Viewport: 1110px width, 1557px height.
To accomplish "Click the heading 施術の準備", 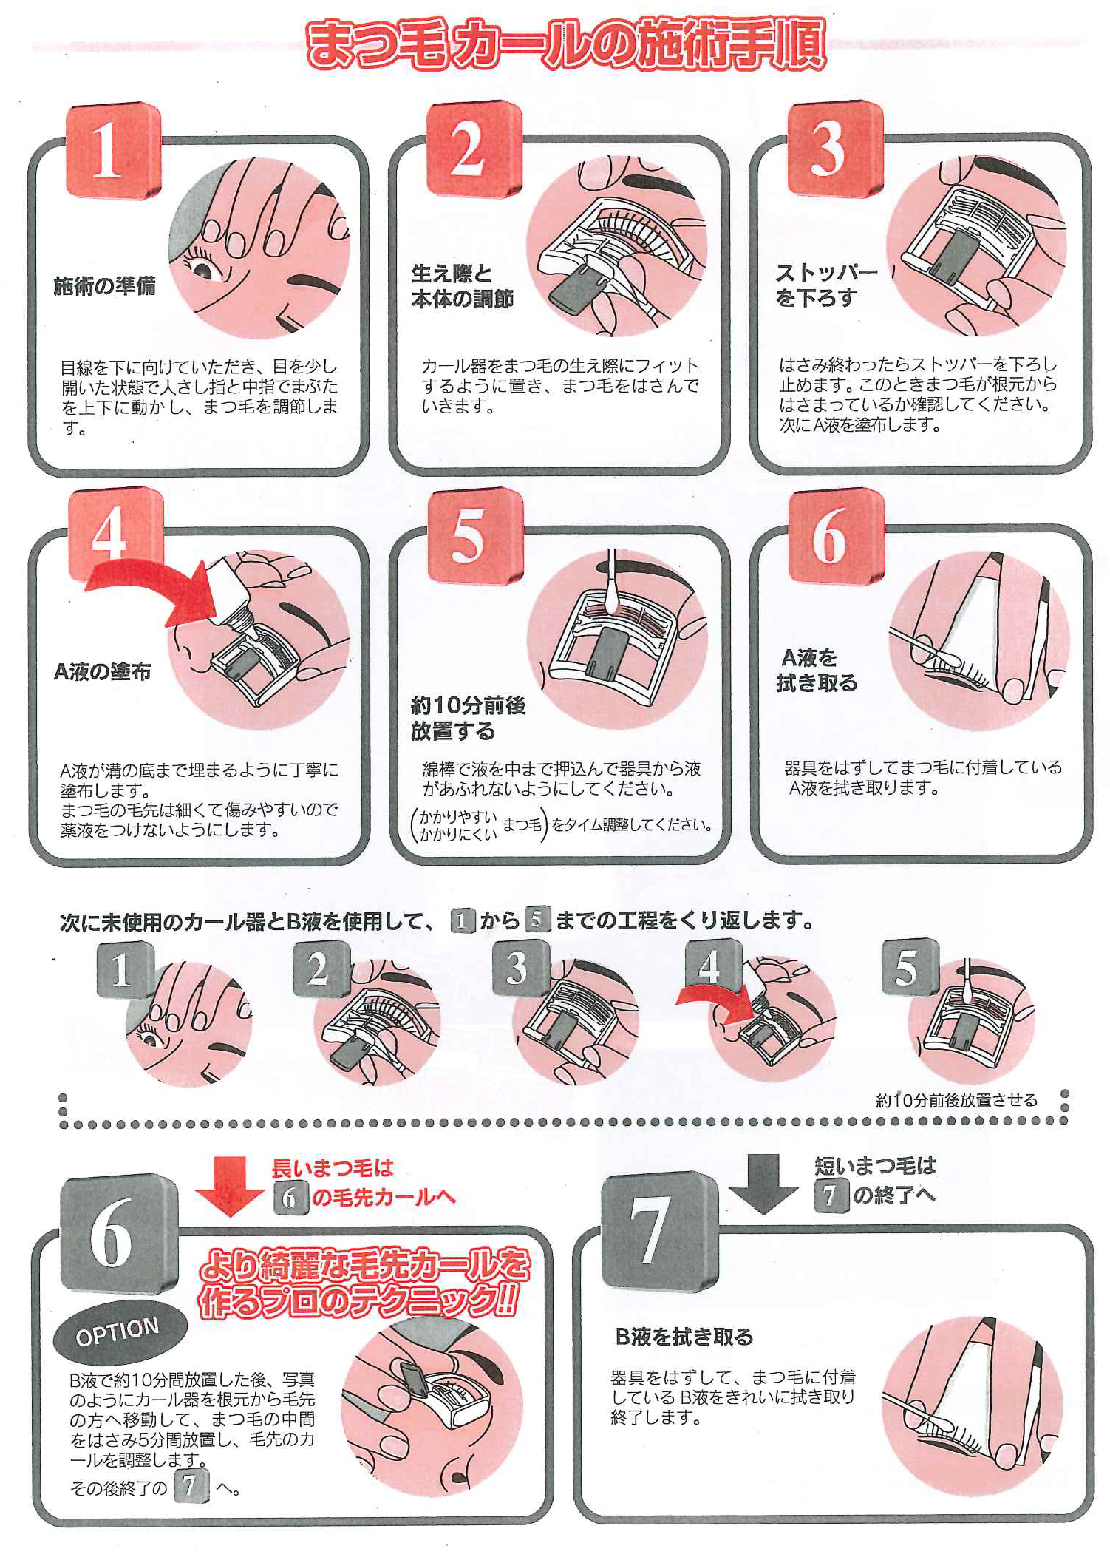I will pyautogui.click(x=104, y=286).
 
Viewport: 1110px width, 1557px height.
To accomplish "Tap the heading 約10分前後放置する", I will pyautogui.click(x=467, y=718).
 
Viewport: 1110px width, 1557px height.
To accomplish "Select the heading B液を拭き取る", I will pyautogui.click(x=684, y=1337).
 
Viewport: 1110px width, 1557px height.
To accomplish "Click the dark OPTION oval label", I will pyautogui.click(x=118, y=1331).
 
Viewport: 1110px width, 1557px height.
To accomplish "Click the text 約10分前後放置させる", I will pyautogui.click(x=956, y=1100).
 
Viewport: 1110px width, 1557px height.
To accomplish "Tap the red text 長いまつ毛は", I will pyautogui.click(x=332, y=1168).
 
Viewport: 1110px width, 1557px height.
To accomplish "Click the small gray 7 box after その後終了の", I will pyautogui.click(x=190, y=1488).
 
